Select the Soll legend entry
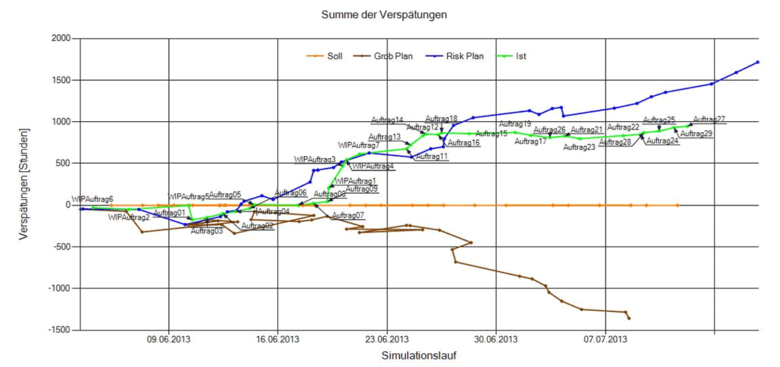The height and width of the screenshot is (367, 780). [x=334, y=56]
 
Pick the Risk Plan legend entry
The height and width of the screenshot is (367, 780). [x=465, y=56]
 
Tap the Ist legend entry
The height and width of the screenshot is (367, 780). [x=521, y=56]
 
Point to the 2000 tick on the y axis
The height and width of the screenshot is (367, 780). [x=61, y=39]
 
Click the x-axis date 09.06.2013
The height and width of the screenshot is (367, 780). [x=168, y=339]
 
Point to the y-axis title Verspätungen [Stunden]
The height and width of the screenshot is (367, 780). [x=25, y=184]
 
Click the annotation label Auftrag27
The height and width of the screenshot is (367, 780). [x=709, y=119]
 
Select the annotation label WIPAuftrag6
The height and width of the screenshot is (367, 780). [x=92, y=199]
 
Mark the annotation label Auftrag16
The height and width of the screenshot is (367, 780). [x=463, y=143]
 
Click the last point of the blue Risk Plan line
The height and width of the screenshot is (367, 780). [x=758, y=62]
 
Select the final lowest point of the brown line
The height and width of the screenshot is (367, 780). [x=629, y=318]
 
